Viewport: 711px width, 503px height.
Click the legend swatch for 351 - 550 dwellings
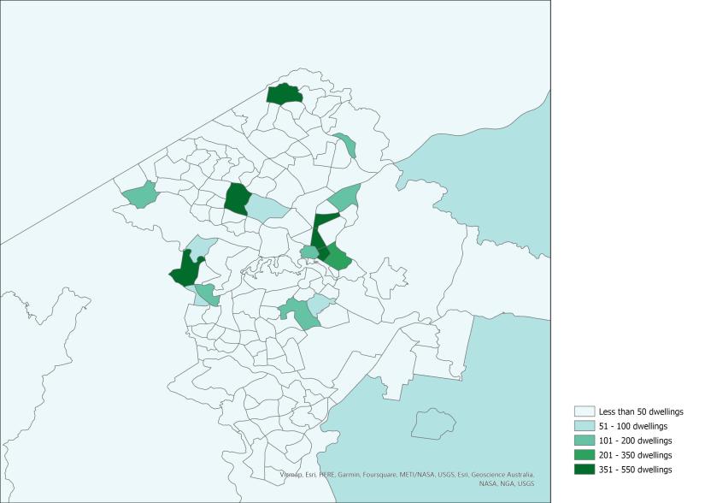[x=585, y=469]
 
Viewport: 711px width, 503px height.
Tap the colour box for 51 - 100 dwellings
[x=585, y=426]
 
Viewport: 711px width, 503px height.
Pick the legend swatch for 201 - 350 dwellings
[x=585, y=454]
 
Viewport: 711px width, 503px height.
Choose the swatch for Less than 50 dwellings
[x=585, y=411]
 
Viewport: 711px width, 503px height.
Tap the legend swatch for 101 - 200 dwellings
[x=585, y=440]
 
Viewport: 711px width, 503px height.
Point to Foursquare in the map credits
[x=381, y=474]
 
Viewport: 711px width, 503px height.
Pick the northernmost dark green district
[x=285, y=94]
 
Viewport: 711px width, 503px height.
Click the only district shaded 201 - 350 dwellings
[x=338, y=257]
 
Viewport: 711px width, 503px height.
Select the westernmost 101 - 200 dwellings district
[x=139, y=195]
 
